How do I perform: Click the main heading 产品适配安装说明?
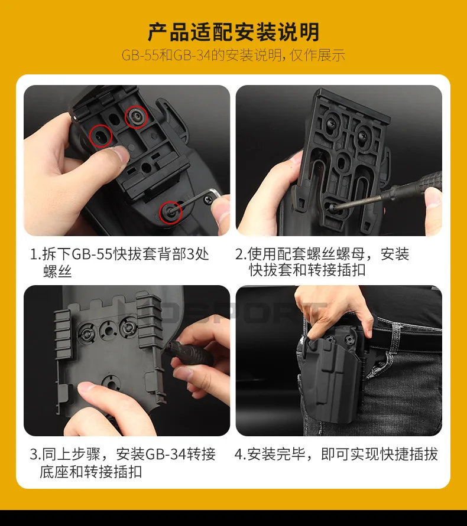(x=234, y=32)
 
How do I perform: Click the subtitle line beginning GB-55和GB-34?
(x=233, y=55)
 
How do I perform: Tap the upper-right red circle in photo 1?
(x=136, y=117)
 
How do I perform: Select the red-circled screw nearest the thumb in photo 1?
(x=101, y=136)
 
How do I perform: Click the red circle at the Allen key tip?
(x=170, y=213)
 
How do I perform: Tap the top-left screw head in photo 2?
(x=330, y=126)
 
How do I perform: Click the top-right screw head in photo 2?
(x=363, y=135)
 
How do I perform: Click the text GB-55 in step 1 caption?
(x=92, y=254)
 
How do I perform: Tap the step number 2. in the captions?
(x=241, y=254)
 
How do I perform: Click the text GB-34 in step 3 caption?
(x=166, y=455)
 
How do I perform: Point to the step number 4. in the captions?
(x=240, y=455)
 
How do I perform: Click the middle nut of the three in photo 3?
(x=108, y=331)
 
